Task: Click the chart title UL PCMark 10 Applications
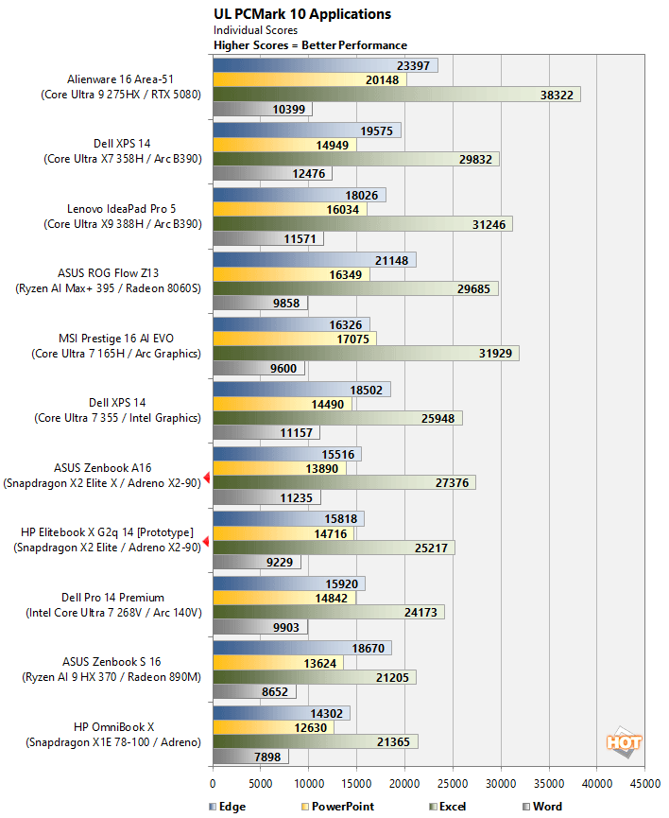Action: pyautogui.click(x=302, y=14)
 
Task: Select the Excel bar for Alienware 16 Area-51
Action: pyautogui.click(x=396, y=95)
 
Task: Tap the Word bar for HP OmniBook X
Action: pyautogui.click(x=250, y=757)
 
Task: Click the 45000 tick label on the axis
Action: pyautogui.click(x=644, y=783)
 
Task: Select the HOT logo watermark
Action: pyautogui.click(x=624, y=743)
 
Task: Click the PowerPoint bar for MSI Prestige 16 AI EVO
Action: pyautogui.click(x=295, y=338)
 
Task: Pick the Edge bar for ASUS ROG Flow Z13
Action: pyautogui.click(x=314, y=260)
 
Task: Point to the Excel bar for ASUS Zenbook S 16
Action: pyautogui.click(x=314, y=677)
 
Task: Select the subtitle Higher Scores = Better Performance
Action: pyautogui.click(x=310, y=45)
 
